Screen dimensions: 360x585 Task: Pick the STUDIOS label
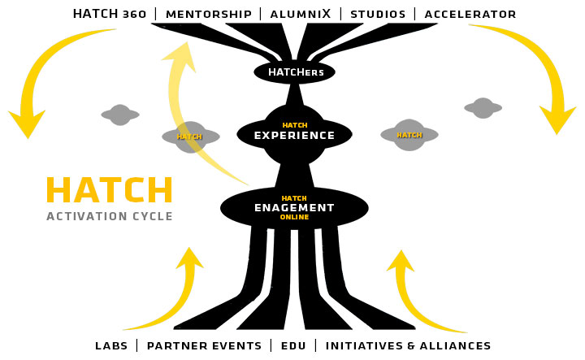[x=378, y=14]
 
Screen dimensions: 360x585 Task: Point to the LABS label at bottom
[x=111, y=345]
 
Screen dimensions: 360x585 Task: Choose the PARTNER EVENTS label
[x=204, y=345]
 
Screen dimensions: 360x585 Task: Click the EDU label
[x=293, y=345]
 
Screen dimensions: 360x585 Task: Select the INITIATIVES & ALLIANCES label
[x=408, y=345]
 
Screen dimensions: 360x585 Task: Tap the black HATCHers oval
[x=294, y=72]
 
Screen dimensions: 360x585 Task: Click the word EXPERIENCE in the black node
[x=294, y=136]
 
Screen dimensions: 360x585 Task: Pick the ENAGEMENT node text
[x=294, y=207]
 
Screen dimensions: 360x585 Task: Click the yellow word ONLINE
[x=294, y=217]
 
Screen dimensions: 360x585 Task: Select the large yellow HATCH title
[x=109, y=191]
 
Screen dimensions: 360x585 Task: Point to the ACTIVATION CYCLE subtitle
[x=109, y=216]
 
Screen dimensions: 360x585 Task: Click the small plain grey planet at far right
[x=483, y=108]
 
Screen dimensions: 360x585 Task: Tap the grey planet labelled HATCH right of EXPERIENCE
[x=409, y=135]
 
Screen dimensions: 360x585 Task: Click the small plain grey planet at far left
[x=120, y=115]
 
